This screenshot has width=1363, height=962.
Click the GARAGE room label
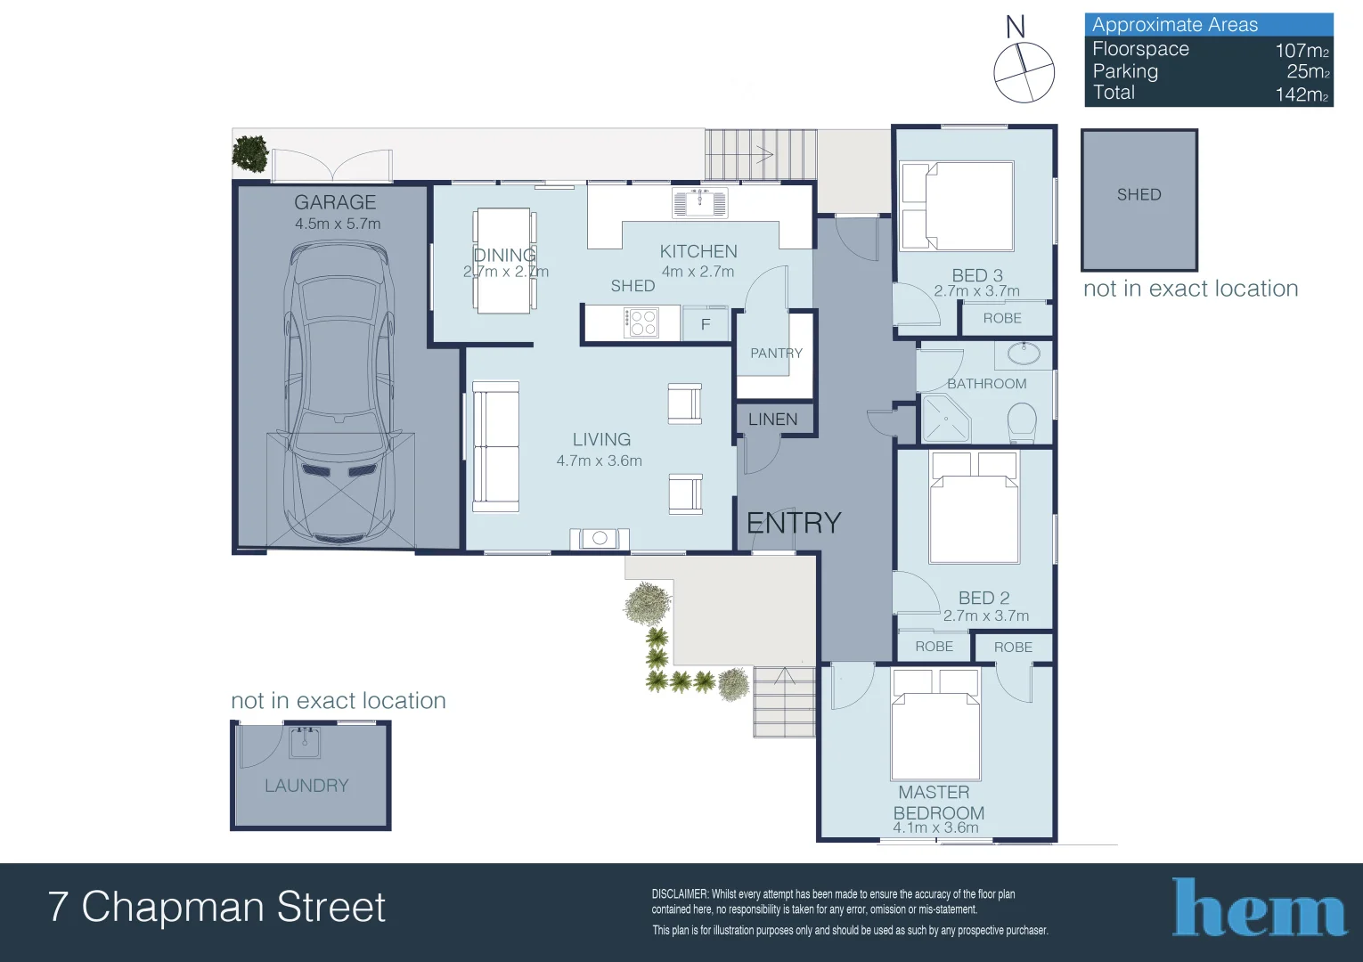click(x=335, y=203)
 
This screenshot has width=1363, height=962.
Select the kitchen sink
click(x=699, y=203)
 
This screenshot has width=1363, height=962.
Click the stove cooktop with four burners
click(x=641, y=322)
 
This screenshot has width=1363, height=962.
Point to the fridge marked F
click(x=706, y=324)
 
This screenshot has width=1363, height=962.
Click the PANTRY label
click(x=776, y=354)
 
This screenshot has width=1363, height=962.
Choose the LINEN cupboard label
click(x=772, y=420)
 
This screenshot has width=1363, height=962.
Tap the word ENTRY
click(x=794, y=523)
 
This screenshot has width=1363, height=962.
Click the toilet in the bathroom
click(x=1022, y=422)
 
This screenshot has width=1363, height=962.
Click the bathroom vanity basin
click(x=1024, y=354)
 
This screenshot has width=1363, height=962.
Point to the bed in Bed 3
click(x=959, y=206)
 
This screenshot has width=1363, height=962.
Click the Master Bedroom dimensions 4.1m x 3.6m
click(x=935, y=827)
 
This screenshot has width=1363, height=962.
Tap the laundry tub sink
click(x=305, y=742)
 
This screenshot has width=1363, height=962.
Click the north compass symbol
click(x=1024, y=71)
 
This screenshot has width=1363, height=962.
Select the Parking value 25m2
click(x=1307, y=71)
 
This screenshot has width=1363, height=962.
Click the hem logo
click(x=1258, y=909)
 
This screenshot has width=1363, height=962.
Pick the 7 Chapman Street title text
click(x=216, y=907)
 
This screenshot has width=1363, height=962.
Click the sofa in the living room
click(x=495, y=447)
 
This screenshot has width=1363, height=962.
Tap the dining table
click(x=504, y=260)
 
